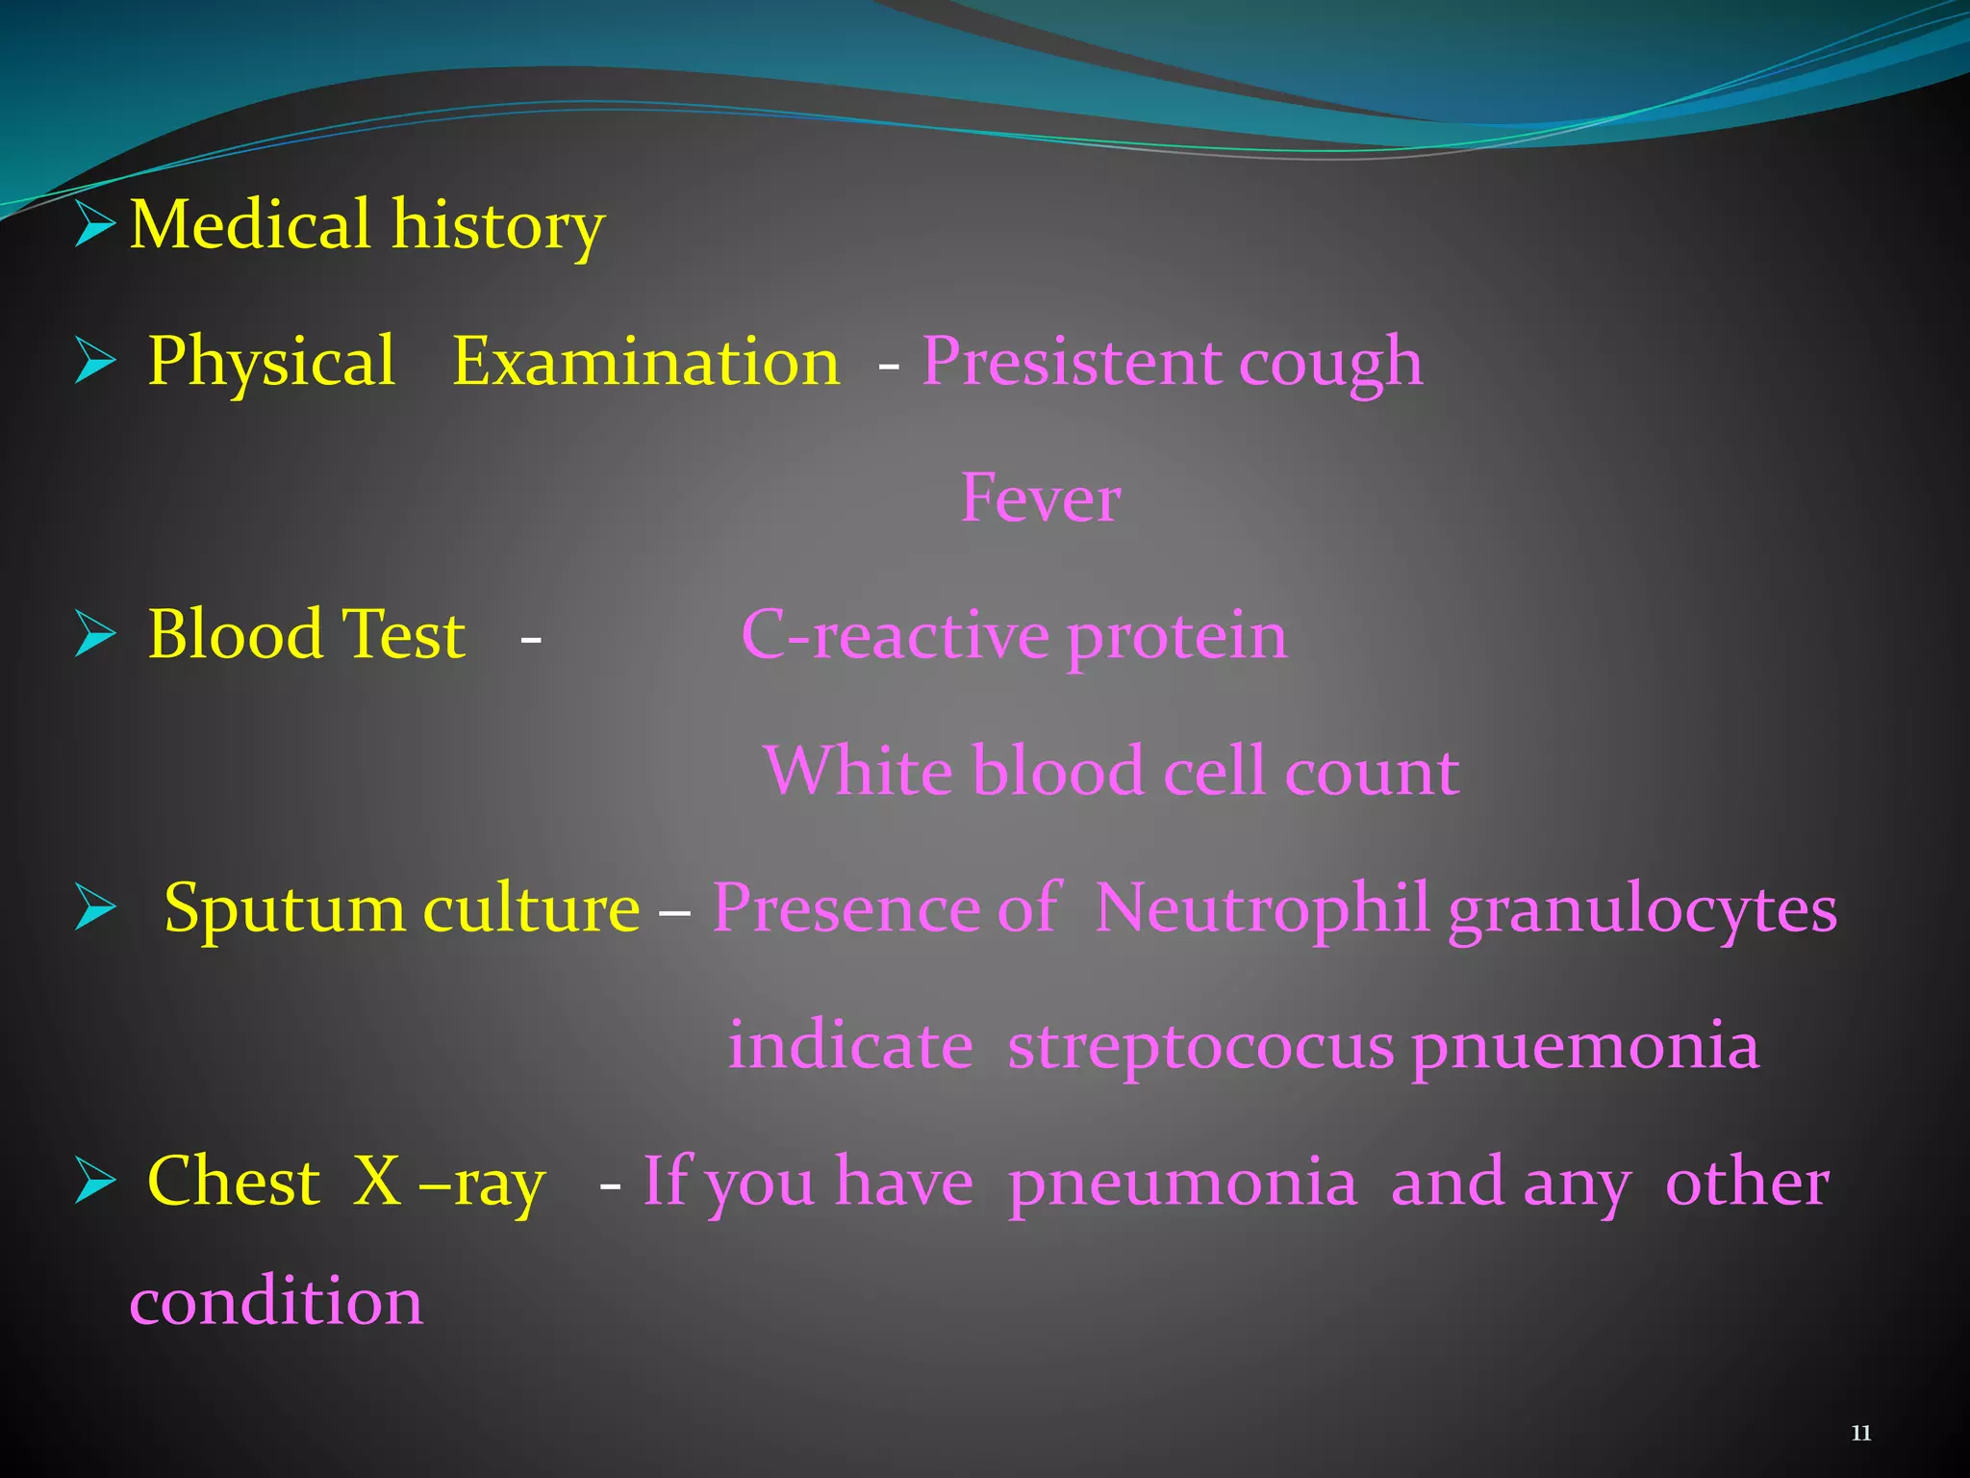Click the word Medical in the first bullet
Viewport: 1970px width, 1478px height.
[x=250, y=225]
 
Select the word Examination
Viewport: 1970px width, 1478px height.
[x=645, y=363]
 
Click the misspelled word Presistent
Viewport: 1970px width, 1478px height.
[x=1071, y=363]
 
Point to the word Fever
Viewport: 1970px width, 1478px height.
[x=1041, y=499]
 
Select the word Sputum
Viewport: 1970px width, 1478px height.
[x=285, y=909]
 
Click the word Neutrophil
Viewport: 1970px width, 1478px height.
[x=1262, y=909]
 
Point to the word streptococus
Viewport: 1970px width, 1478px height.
[x=1200, y=1047]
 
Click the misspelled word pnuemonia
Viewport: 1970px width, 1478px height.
[x=1585, y=1047]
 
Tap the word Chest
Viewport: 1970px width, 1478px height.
[x=233, y=1182]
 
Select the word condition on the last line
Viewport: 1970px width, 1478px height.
[x=276, y=1302]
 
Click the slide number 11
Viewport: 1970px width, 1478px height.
[x=1860, y=1434]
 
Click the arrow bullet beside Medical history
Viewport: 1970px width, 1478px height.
[x=94, y=225]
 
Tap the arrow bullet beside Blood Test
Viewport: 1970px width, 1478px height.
[x=94, y=636]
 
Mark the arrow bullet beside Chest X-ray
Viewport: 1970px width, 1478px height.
[x=94, y=1183]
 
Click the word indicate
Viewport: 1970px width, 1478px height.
[x=850, y=1047]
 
